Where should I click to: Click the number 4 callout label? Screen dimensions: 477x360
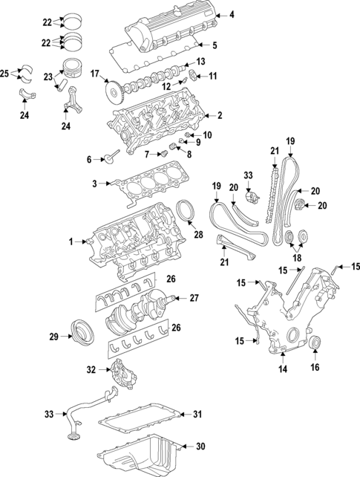(x=231, y=15)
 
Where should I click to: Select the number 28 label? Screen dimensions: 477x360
(x=198, y=235)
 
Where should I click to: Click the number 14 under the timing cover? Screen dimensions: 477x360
(x=283, y=369)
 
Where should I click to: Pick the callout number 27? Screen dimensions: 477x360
(x=194, y=298)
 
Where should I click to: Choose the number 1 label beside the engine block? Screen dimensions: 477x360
(x=72, y=241)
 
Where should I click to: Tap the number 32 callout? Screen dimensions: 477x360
(x=91, y=369)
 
